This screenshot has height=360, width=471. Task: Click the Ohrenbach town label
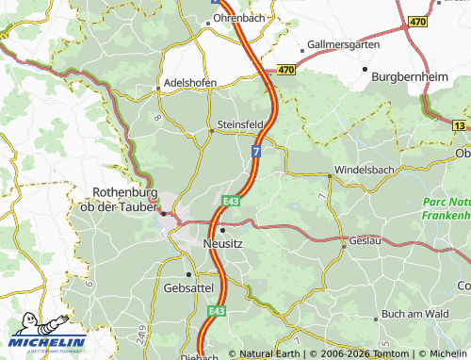click(x=238, y=18)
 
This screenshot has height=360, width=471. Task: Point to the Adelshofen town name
click(x=191, y=82)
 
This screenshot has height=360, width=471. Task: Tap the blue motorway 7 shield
click(x=256, y=151)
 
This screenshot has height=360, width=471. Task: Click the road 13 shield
click(x=459, y=124)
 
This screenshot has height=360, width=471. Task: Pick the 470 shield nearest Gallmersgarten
click(x=284, y=70)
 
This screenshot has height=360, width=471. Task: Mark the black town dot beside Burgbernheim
click(x=365, y=70)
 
